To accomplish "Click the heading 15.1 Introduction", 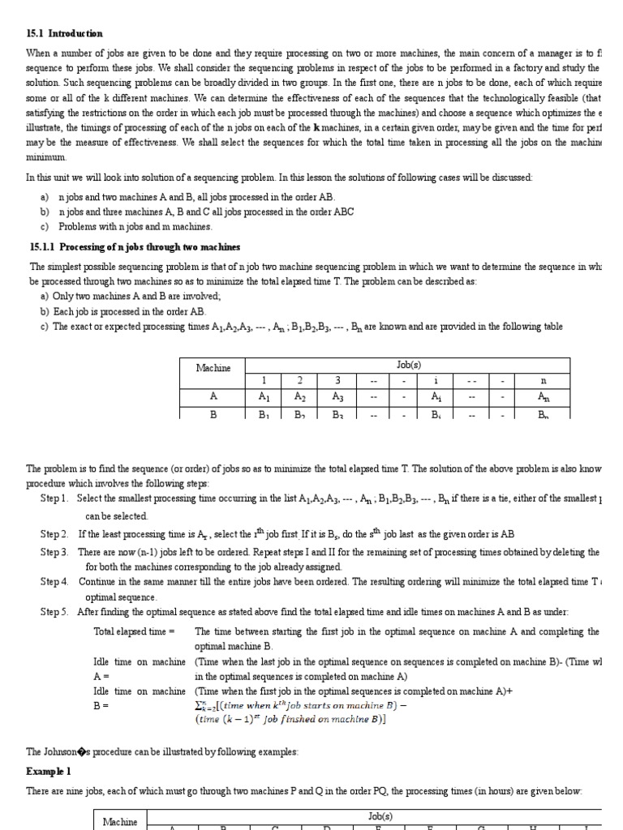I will click(65, 33).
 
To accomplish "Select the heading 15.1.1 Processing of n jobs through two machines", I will click(135, 246).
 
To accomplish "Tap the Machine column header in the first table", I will click(213, 367).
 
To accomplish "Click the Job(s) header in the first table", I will click(408, 365).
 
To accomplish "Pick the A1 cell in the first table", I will click(263, 397).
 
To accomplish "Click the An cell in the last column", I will click(543, 397).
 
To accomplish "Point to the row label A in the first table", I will click(213, 397).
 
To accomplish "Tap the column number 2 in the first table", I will click(300, 380).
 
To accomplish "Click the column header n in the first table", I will click(543, 380).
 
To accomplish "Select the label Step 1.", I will click(54, 498).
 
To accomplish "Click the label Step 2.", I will click(54, 534).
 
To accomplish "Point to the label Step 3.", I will click(54, 552).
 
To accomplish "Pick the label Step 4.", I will click(54, 582).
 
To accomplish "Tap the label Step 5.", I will click(54, 612).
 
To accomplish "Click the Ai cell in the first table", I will click(436, 397).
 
